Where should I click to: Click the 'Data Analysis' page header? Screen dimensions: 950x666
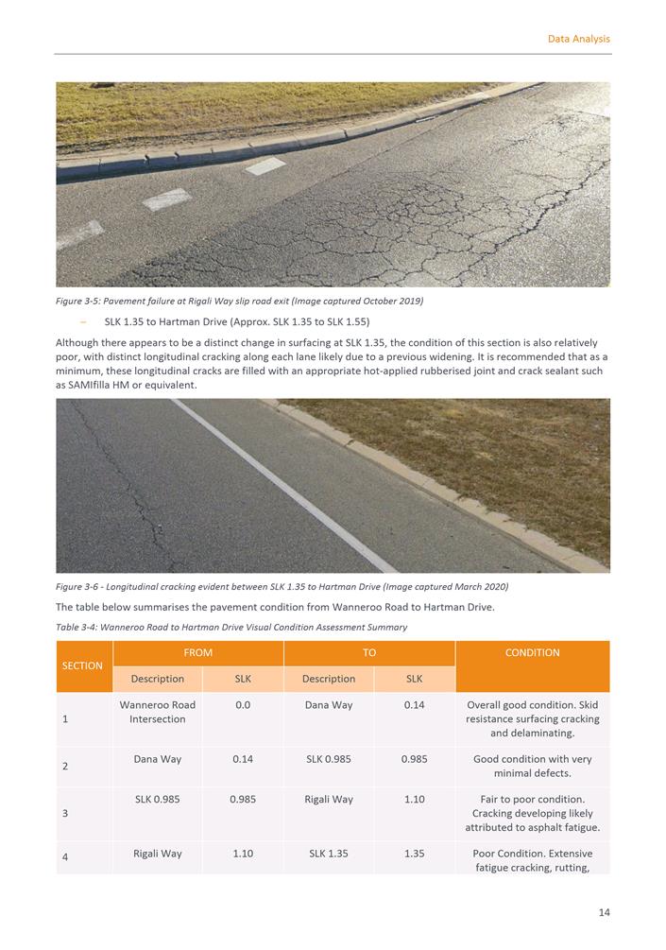[x=578, y=39]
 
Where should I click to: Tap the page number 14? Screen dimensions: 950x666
[x=604, y=912]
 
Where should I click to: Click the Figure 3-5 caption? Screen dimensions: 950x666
[x=239, y=302]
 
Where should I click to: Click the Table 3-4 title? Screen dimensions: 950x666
[x=231, y=627]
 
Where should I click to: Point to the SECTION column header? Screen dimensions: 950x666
[x=82, y=665]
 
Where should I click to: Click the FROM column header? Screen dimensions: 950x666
[x=198, y=652]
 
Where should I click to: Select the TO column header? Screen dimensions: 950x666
[x=369, y=652]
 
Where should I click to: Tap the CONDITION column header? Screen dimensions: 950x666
[x=532, y=652]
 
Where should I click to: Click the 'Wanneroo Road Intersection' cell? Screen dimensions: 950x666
[x=157, y=712]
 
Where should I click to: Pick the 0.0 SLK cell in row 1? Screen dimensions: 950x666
[x=243, y=705]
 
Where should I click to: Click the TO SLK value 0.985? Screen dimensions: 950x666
[x=414, y=758]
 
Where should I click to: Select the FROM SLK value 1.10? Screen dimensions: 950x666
[x=243, y=853]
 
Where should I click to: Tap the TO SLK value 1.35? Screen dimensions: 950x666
[x=414, y=853]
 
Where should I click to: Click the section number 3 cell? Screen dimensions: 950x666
[x=65, y=813]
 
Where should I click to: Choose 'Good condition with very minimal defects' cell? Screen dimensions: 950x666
[x=532, y=766]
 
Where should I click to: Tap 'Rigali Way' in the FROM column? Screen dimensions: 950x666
[x=157, y=853]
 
